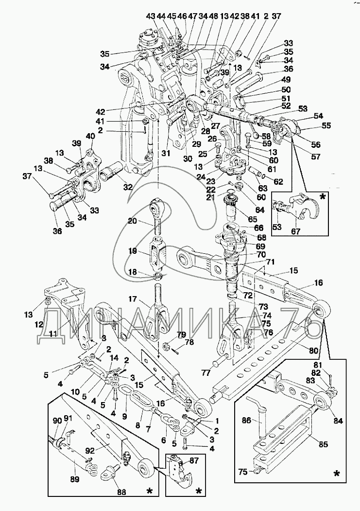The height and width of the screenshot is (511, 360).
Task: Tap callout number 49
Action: [286, 80]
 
